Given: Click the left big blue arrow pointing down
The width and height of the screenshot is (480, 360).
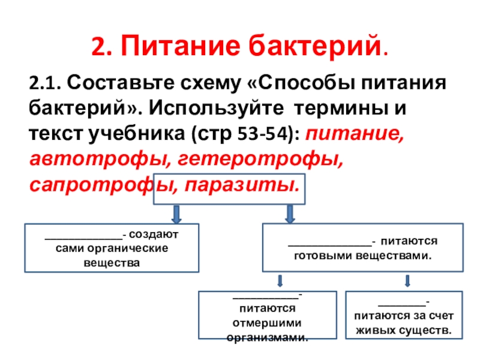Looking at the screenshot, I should click(x=178, y=213).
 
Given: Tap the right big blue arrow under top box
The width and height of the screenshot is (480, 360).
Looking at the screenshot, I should click(x=289, y=213).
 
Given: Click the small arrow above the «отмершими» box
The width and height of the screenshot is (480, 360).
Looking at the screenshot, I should click(x=280, y=281).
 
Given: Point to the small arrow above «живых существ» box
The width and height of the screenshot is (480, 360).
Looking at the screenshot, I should click(x=408, y=281).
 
